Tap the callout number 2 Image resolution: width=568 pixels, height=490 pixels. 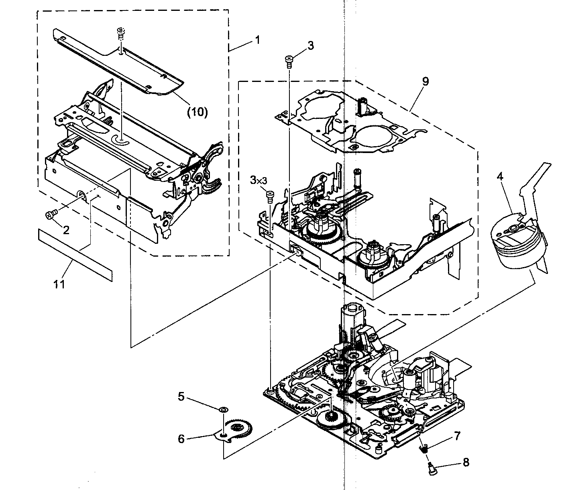66,230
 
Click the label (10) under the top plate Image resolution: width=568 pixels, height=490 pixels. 197,112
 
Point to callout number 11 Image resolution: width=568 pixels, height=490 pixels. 59,284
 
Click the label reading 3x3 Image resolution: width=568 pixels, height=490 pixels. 259,181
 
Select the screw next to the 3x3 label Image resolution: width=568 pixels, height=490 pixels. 270,196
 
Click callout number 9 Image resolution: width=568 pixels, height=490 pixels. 425,82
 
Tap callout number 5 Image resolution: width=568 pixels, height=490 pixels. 181,397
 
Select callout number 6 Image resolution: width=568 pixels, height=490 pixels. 181,439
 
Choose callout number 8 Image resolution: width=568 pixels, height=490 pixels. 466,462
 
